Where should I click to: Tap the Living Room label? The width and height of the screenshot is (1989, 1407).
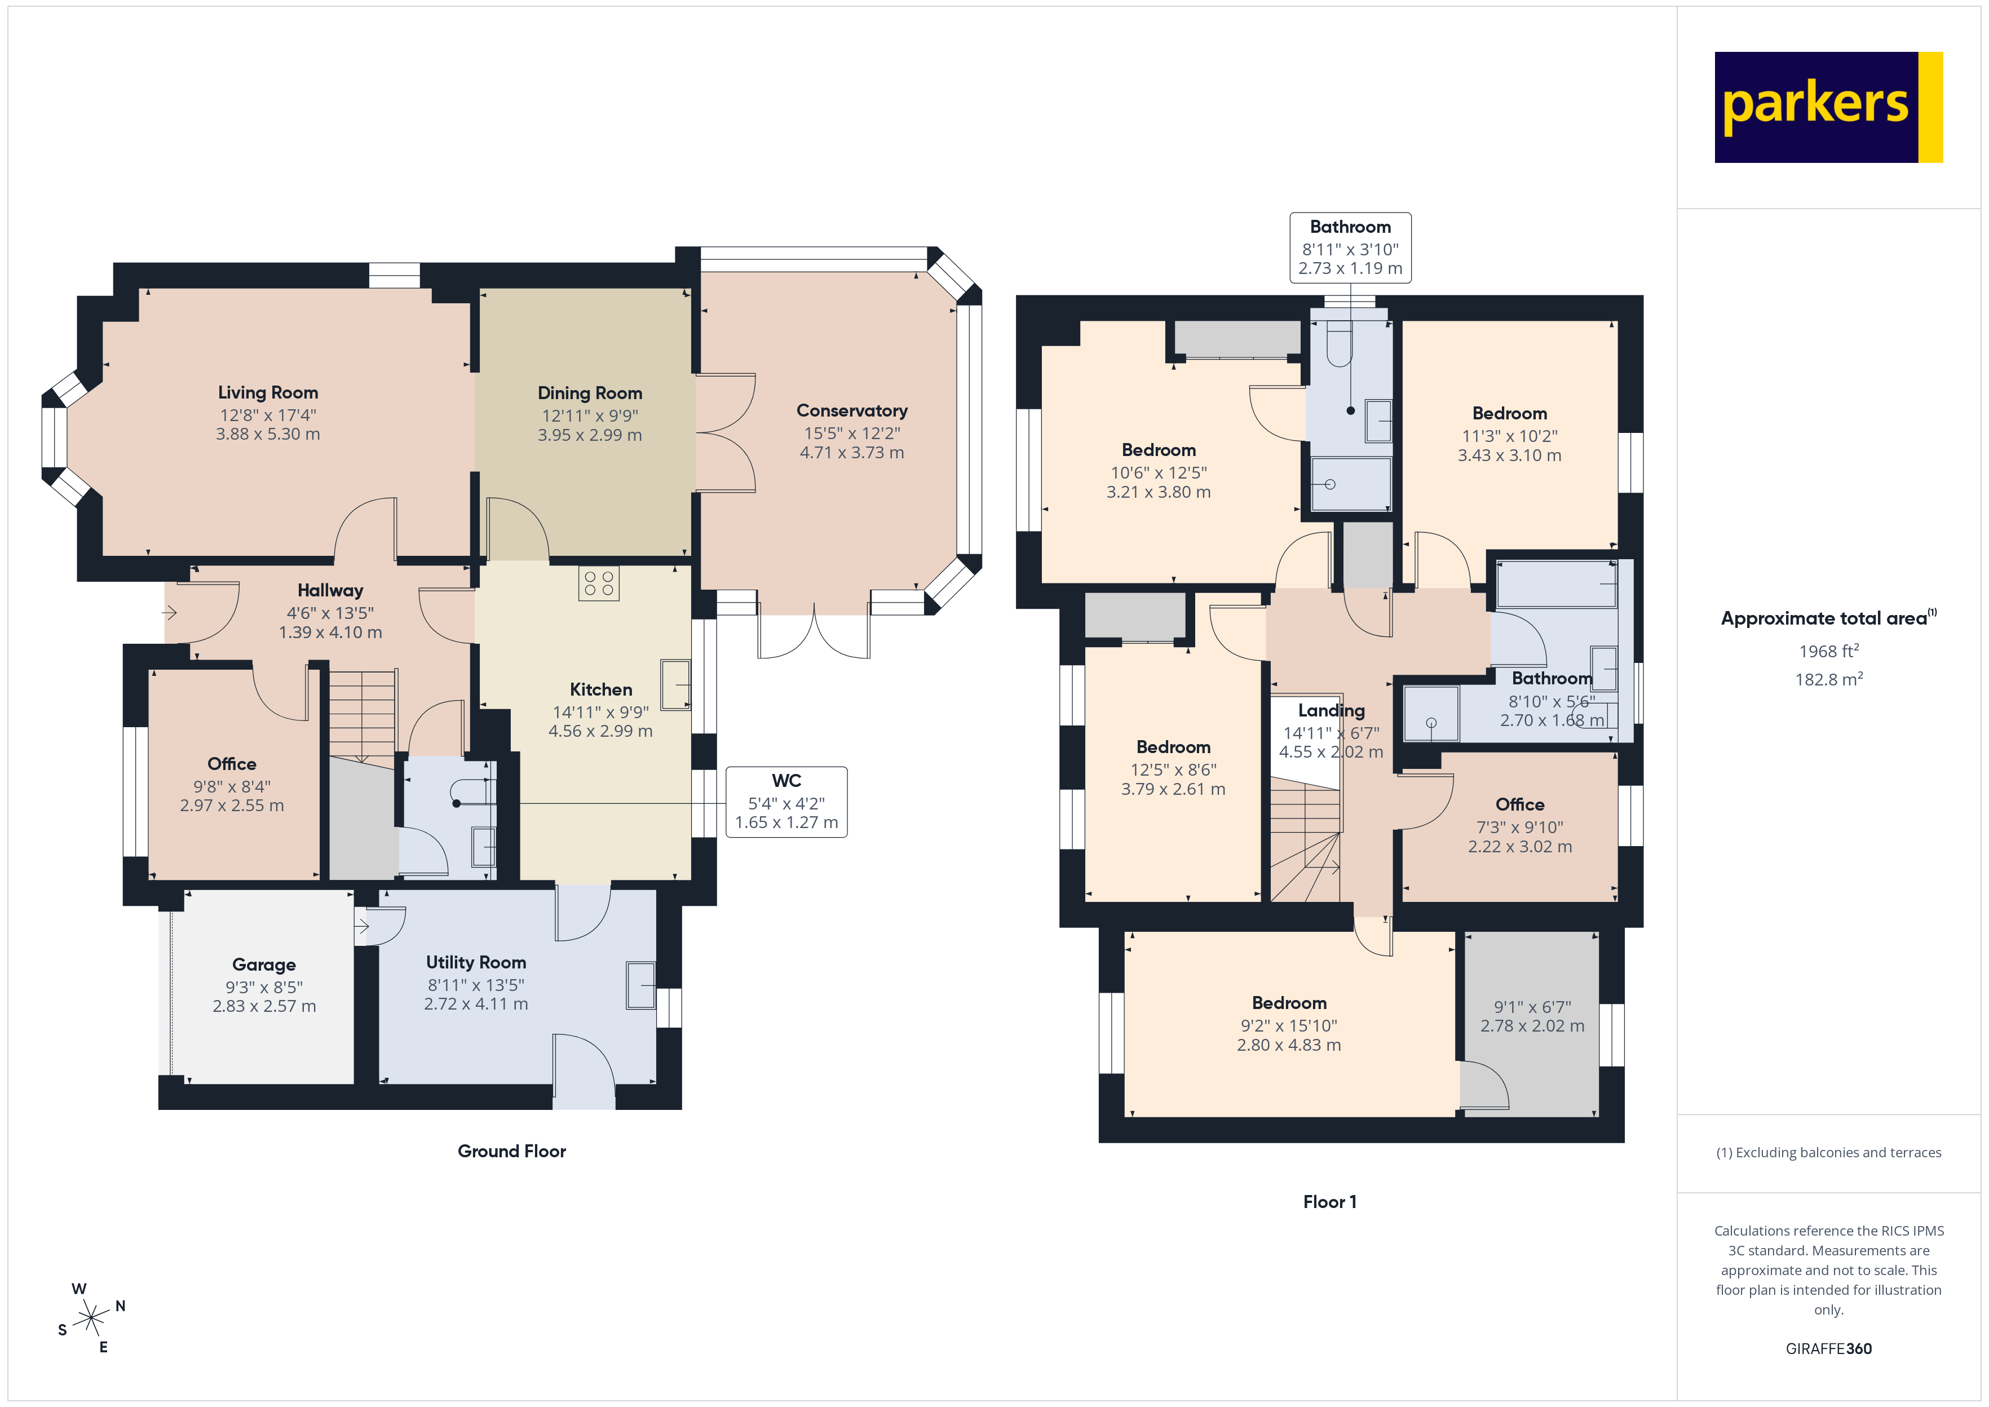[268, 392]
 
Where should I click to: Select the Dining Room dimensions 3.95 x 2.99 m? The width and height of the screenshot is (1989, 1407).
[589, 435]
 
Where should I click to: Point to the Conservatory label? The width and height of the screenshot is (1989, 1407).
[851, 411]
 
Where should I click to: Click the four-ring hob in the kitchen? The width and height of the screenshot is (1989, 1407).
[599, 583]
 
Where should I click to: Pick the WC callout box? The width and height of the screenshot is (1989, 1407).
[786, 802]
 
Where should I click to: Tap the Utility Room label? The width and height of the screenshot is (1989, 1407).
[476, 962]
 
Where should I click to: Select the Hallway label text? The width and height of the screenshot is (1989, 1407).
[330, 590]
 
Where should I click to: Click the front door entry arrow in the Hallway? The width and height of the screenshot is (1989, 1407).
[170, 613]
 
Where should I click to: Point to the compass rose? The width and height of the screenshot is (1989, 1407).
[91, 1318]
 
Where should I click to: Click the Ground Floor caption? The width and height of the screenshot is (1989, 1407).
[511, 1151]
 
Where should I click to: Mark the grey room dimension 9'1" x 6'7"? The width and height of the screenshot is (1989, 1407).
[1532, 1007]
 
